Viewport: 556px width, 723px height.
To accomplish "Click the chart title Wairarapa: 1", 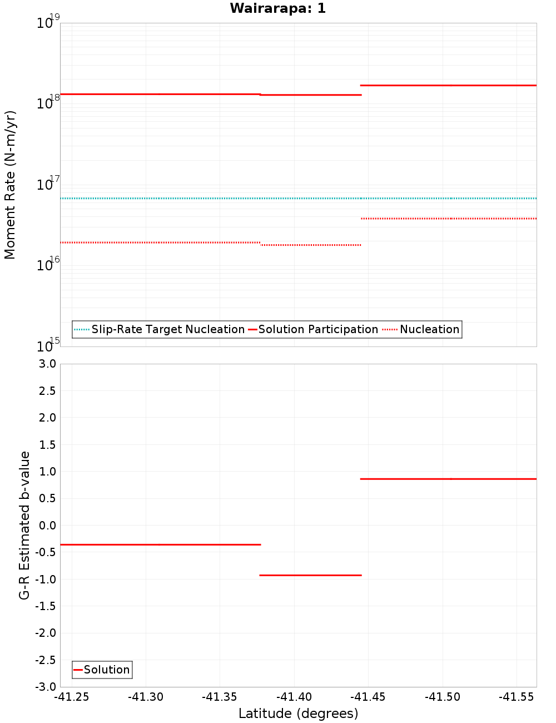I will [277, 8].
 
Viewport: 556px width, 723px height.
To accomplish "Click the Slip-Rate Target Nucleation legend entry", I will [167, 329].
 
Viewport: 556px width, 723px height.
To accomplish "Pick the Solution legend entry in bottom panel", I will [106, 670].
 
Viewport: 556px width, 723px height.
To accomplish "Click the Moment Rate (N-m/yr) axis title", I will [10, 185].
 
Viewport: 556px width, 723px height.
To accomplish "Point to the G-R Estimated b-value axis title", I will [24, 525].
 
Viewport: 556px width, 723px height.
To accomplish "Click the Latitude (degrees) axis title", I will [298, 714].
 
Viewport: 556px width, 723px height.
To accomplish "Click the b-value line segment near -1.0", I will [310, 575].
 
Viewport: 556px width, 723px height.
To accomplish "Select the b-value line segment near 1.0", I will [448, 479].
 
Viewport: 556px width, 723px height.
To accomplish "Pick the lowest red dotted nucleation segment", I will [310, 245].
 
